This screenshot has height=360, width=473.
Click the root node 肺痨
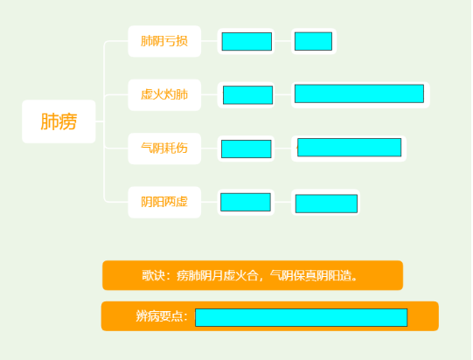pyautogui.click(x=59, y=121)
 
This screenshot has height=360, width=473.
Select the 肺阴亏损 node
pyautogui.click(x=164, y=41)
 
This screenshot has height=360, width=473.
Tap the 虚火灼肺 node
pyautogui.click(x=164, y=95)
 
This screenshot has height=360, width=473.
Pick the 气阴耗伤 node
pyautogui.click(x=164, y=149)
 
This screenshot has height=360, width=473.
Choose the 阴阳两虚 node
pyautogui.click(x=164, y=202)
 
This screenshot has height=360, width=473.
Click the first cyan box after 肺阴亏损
pyautogui.click(x=247, y=42)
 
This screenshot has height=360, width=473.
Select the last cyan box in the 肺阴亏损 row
pyautogui.click(x=313, y=41)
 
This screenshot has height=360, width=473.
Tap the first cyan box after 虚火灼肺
pyautogui.click(x=248, y=95)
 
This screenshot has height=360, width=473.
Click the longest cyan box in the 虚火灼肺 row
pyautogui.click(x=359, y=93)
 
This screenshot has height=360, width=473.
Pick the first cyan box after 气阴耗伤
pyautogui.click(x=247, y=149)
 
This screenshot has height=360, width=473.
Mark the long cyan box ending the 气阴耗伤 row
pyautogui.click(x=350, y=148)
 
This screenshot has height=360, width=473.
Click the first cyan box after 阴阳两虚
pyautogui.click(x=246, y=203)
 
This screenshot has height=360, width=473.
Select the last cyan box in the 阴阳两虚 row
pyautogui.click(x=326, y=204)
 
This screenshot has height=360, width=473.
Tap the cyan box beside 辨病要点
pyautogui.click(x=302, y=317)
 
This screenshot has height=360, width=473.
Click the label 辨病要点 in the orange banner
pyautogui.click(x=159, y=316)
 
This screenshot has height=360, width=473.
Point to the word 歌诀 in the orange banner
pyautogui.click(x=154, y=275)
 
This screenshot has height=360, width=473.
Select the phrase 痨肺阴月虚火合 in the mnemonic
pyautogui.click(x=218, y=275)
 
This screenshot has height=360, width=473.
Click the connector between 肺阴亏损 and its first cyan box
pyautogui.click(x=209, y=41)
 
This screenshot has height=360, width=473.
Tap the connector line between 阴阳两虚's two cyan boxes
pyautogui.click(x=282, y=202)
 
